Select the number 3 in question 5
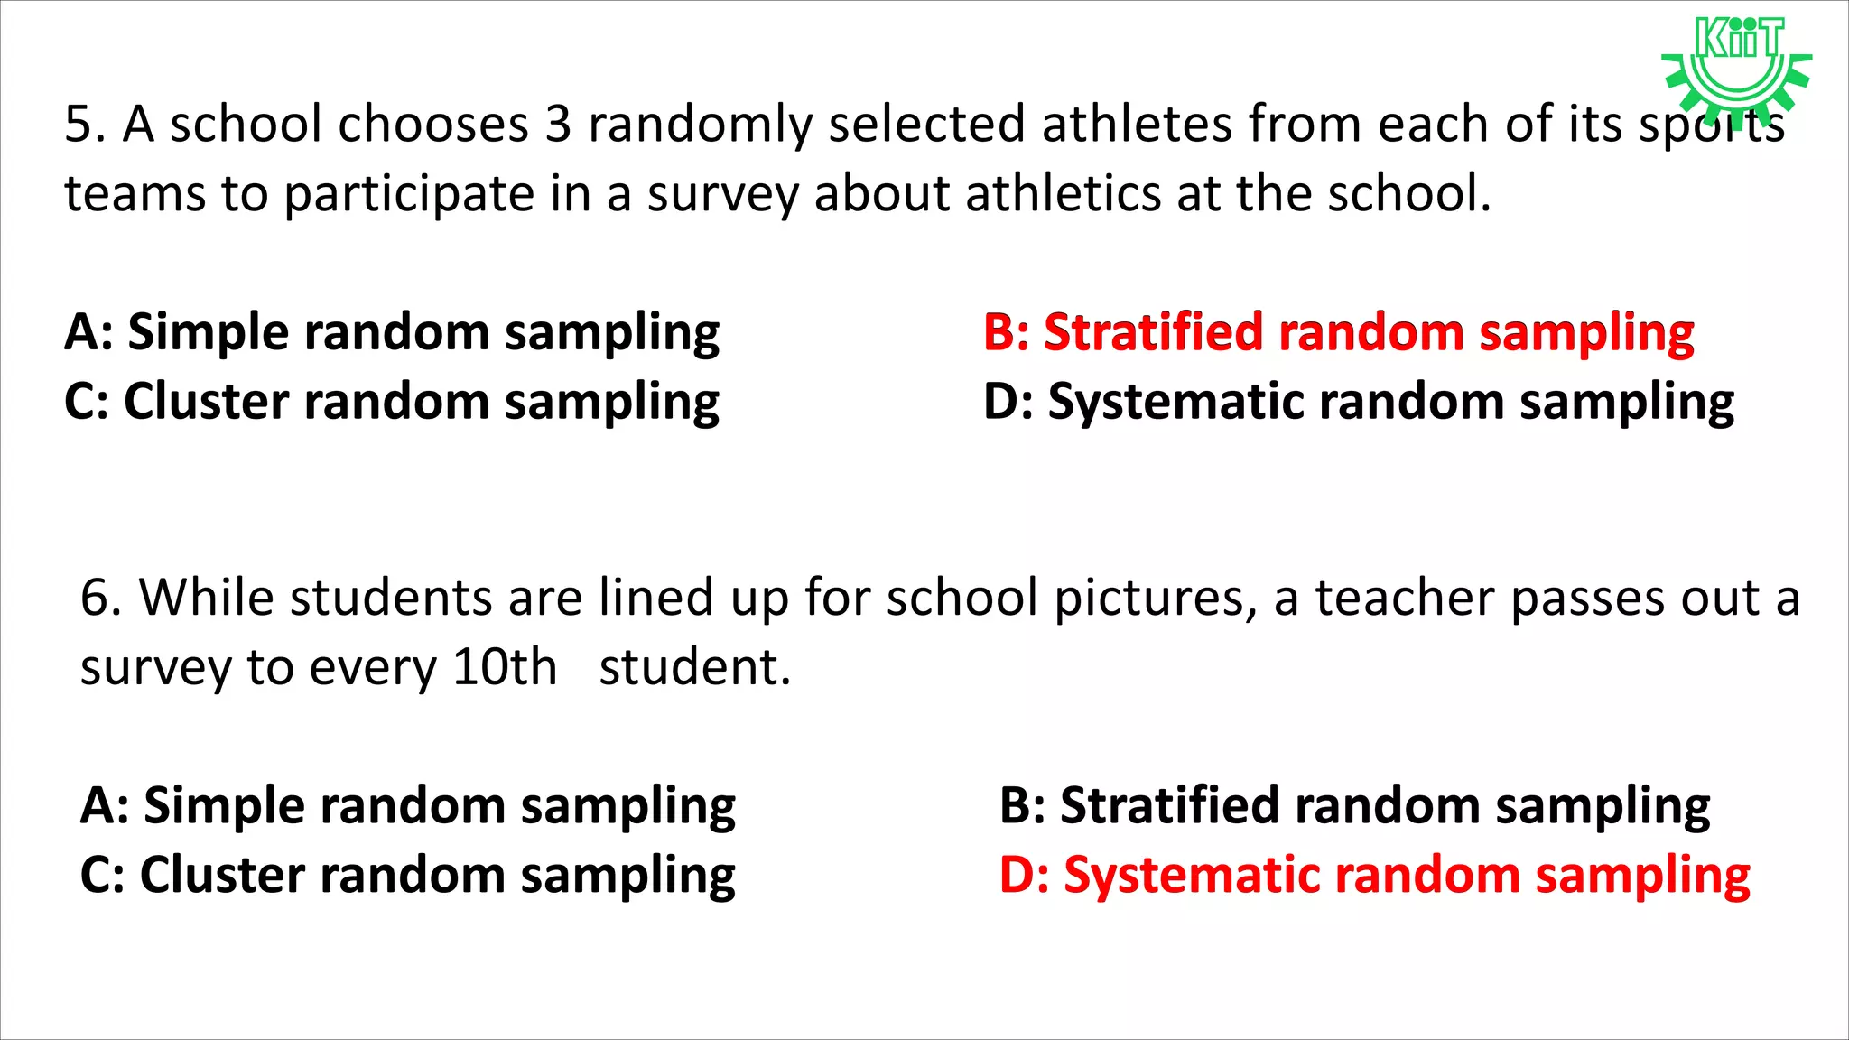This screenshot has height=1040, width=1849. point(558,124)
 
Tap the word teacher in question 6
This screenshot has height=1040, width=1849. point(1404,598)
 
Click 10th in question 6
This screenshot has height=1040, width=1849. point(505,667)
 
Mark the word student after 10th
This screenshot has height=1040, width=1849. point(694,667)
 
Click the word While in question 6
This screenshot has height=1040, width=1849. point(206,598)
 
